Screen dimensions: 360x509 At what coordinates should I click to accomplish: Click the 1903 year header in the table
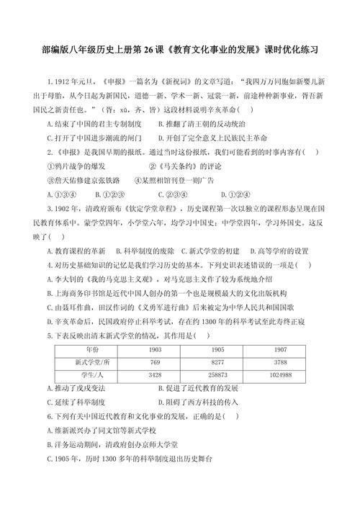(154, 349)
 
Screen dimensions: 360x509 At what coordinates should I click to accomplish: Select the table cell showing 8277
(218, 362)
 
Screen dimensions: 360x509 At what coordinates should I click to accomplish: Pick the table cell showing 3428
(154, 375)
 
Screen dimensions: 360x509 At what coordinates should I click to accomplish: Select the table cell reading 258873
(218, 375)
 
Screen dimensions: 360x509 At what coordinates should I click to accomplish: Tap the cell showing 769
(154, 362)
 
